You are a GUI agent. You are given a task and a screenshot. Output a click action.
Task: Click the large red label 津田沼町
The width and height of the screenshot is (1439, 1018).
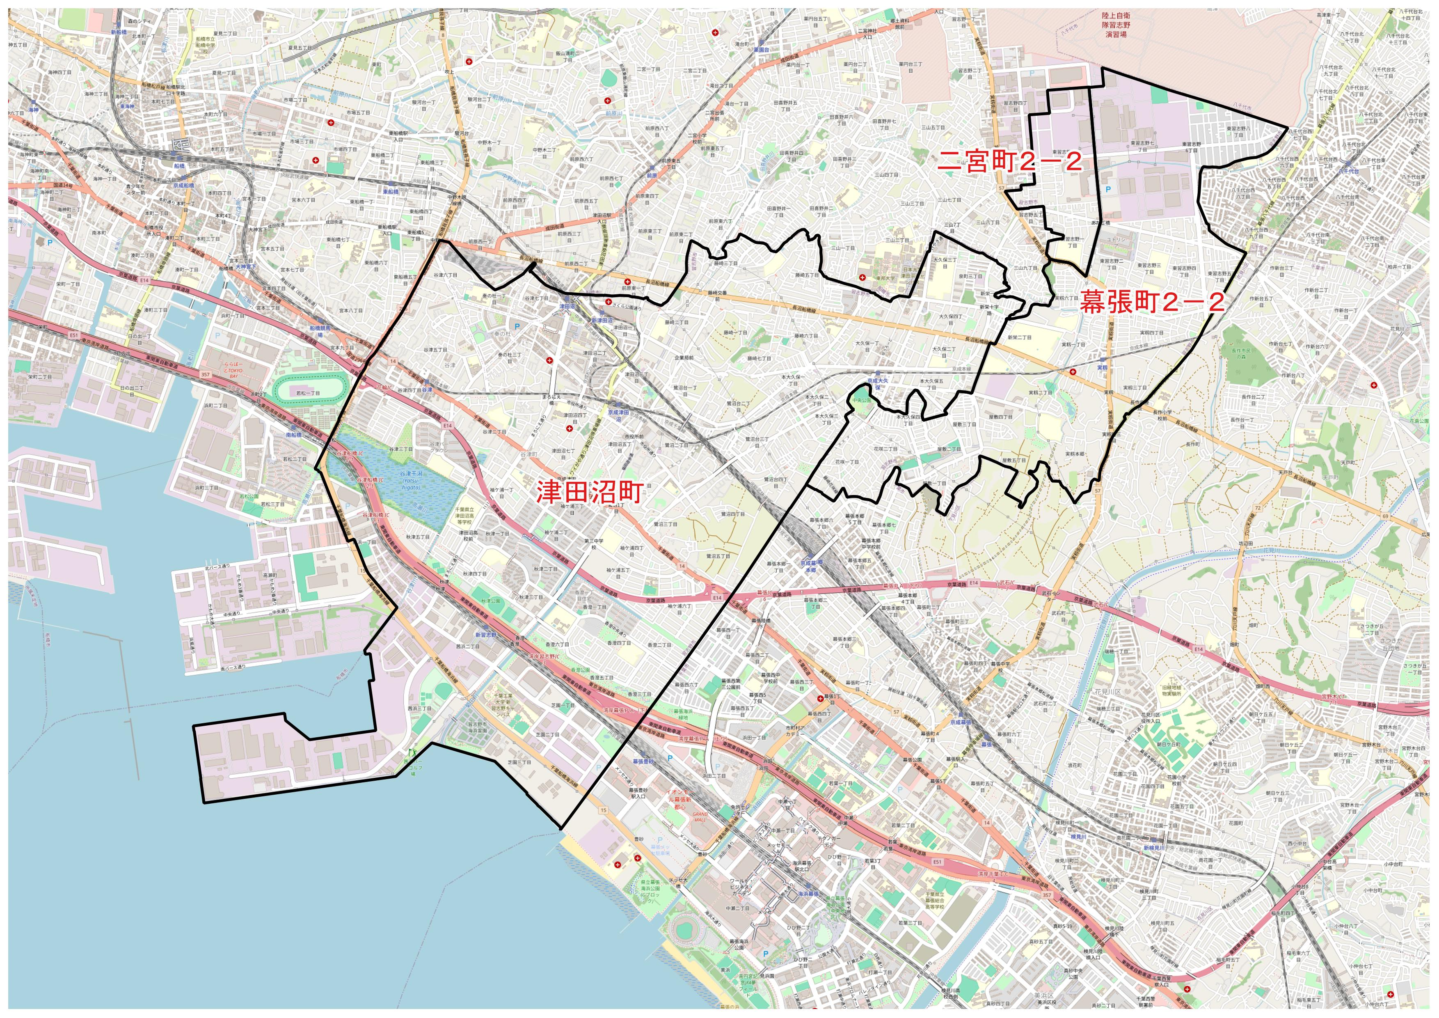point(589,492)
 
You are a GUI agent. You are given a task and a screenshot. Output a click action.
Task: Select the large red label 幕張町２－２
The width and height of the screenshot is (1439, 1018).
point(1151,303)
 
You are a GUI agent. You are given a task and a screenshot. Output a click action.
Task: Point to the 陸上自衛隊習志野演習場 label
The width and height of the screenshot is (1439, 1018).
point(1116,25)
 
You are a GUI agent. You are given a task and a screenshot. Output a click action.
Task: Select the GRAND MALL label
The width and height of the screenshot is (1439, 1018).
point(699,817)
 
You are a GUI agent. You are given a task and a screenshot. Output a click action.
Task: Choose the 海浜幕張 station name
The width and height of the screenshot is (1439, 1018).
point(808,894)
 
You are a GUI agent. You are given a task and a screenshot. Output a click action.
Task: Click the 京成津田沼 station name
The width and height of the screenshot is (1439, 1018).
point(619,415)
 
